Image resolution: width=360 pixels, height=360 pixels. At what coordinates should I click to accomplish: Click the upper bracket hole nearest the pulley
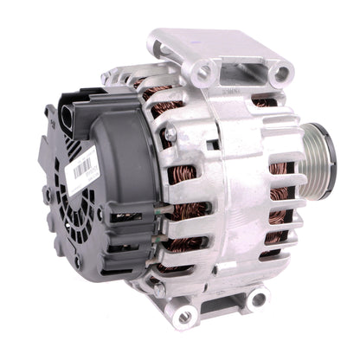click(x=279, y=74)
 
